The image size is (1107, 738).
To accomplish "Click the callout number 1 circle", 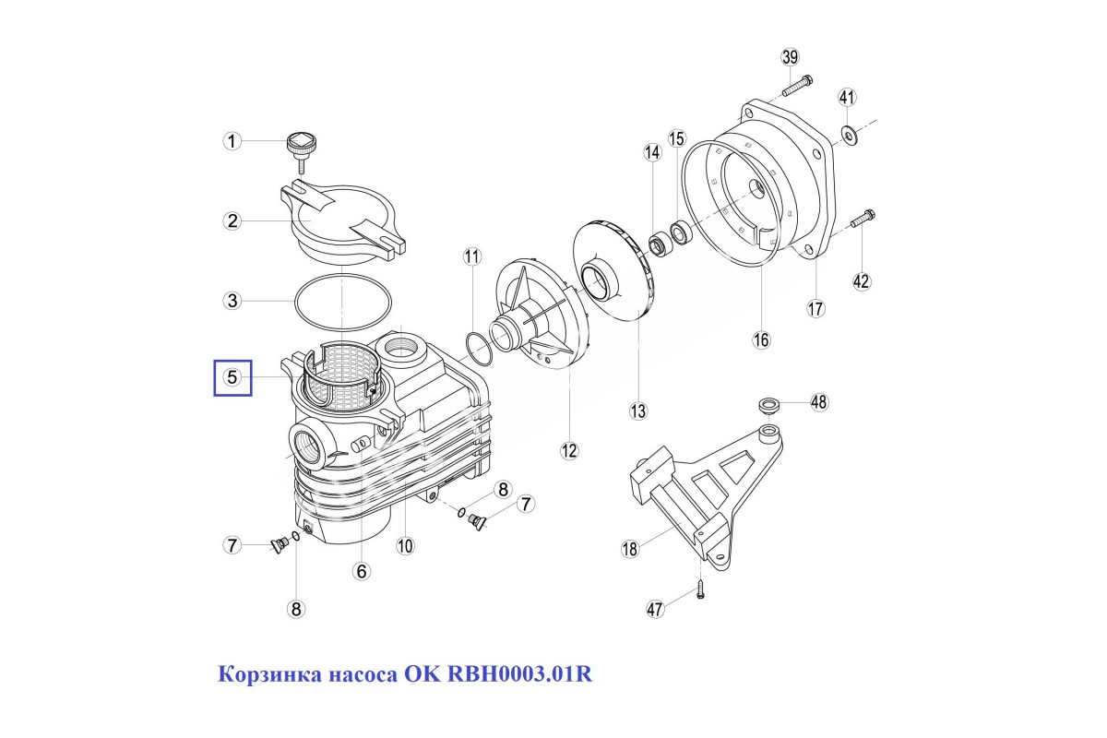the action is pyautogui.click(x=232, y=141).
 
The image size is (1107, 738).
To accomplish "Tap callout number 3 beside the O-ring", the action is pyautogui.click(x=232, y=301).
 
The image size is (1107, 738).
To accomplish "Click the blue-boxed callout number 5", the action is pyautogui.click(x=232, y=378).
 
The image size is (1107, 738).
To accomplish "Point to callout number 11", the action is pyautogui.click(x=472, y=257).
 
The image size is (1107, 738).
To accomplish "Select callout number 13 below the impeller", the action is pyautogui.click(x=638, y=411).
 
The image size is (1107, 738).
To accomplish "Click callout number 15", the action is pyautogui.click(x=677, y=139).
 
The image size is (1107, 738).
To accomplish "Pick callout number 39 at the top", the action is pyautogui.click(x=790, y=57).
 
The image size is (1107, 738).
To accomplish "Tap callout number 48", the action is pyautogui.click(x=819, y=402).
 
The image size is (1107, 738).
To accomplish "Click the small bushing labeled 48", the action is pyautogui.click(x=768, y=405).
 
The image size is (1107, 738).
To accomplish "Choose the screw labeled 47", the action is pyautogui.click(x=700, y=589).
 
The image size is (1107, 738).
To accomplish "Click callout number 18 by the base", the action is pyautogui.click(x=630, y=549).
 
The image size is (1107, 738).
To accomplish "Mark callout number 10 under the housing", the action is pyautogui.click(x=405, y=546).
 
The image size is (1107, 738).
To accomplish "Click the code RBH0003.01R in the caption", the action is pyautogui.click(x=519, y=674).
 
